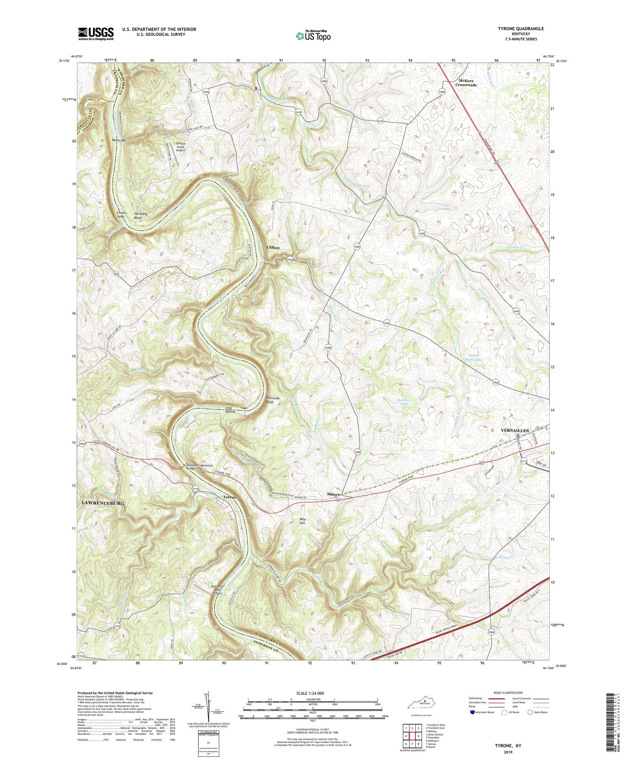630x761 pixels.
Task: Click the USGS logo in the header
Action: click(96, 34)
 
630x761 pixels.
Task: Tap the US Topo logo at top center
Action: click(313, 36)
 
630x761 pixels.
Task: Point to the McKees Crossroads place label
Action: click(466, 83)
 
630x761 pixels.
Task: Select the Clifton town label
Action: click(273, 248)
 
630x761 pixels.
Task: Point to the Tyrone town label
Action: click(229, 497)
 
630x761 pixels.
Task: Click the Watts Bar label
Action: click(118, 140)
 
